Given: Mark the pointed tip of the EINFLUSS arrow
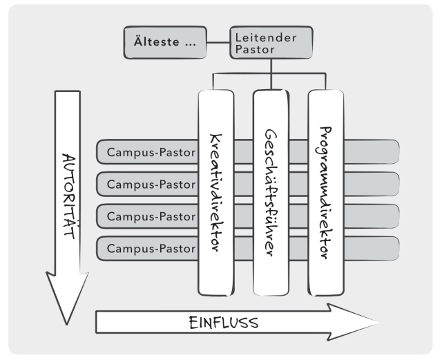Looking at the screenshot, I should click(x=378, y=322).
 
